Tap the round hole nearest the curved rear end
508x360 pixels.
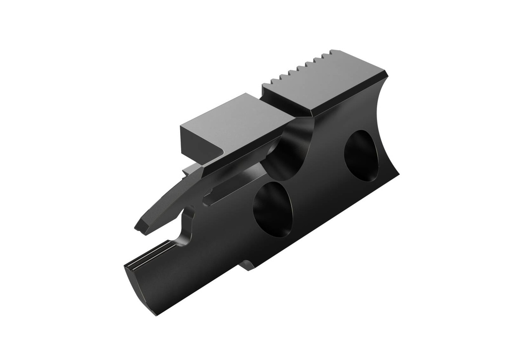coord(361,155)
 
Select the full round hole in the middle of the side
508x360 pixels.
coord(272,208)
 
